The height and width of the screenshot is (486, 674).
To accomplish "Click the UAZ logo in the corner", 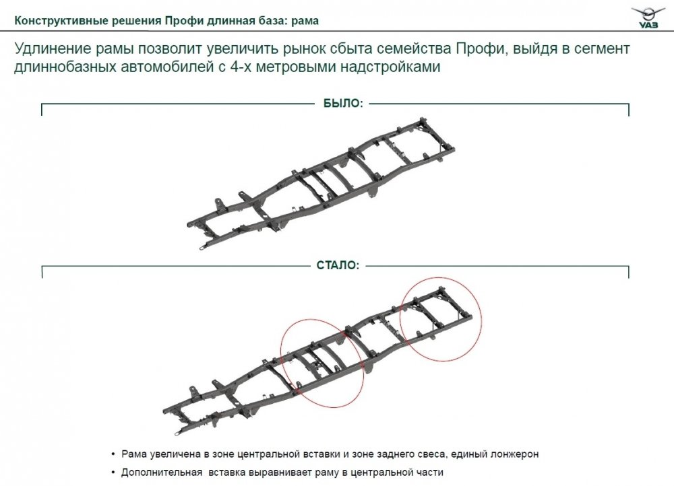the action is (647, 18).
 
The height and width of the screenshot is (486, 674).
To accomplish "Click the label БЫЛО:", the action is (344, 104).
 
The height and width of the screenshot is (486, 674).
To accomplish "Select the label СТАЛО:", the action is (338, 265).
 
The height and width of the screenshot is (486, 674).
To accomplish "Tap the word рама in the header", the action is (305, 21).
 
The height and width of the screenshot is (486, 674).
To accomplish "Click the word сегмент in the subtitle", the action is (599, 49).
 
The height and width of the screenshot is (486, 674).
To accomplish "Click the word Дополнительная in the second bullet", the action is (162, 473).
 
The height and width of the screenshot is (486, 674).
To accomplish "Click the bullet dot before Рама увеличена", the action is (113, 454).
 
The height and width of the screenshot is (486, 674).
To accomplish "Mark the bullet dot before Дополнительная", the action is (113, 473).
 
